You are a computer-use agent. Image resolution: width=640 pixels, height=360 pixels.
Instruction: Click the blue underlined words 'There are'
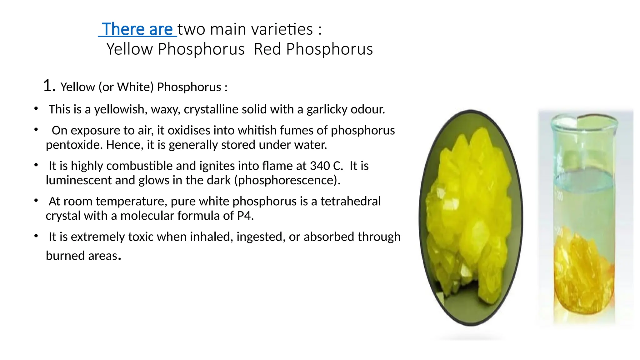click(137, 29)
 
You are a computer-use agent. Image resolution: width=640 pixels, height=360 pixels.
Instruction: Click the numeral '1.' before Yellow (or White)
click(49, 86)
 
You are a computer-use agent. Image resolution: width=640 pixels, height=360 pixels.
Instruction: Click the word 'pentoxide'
click(74, 145)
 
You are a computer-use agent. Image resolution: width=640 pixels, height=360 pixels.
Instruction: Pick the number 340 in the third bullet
click(320, 166)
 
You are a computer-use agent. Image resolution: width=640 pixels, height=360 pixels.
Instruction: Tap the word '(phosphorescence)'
click(287, 180)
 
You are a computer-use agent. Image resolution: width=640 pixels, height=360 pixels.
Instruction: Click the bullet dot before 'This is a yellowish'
click(36, 109)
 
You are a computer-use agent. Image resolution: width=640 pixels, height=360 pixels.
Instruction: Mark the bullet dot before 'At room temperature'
click(36, 201)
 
